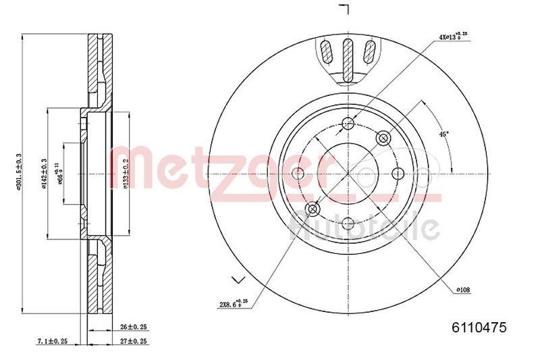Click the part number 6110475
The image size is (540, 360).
point(479,328)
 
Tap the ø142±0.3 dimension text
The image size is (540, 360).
point(44,175)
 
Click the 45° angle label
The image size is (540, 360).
point(443,134)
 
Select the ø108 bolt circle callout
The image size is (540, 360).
point(462,290)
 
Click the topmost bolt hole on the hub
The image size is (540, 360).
point(348,123)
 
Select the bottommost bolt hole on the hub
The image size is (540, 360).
point(348,224)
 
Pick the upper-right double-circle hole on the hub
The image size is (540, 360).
point(384,138)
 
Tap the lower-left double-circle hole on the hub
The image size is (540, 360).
point(313,209)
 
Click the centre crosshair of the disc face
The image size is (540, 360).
point(348,174)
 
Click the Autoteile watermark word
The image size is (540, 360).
point(364,226)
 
